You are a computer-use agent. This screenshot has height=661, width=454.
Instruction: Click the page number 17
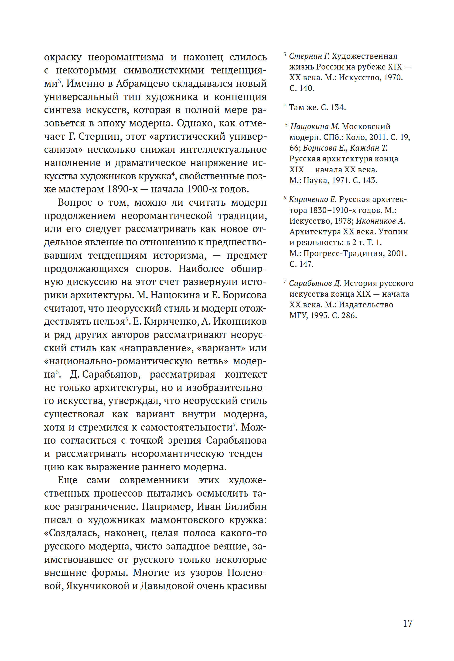coord(407,623)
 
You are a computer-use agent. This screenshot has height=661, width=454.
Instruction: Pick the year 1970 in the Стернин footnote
coord(392,77)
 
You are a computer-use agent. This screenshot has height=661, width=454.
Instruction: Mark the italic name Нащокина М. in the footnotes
coord(315,126)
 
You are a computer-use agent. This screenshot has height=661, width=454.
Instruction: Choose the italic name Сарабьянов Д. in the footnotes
coord(315,283)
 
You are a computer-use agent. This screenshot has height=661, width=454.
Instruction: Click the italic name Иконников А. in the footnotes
coord(381,221)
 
